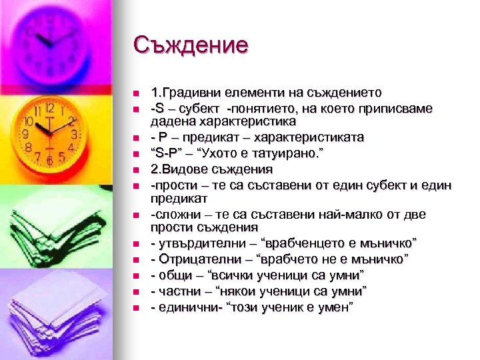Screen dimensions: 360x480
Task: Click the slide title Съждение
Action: [x=190, y=45]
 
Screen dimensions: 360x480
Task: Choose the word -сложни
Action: [x=174, y=214]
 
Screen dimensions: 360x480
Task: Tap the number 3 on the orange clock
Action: [x=75, y=133]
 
